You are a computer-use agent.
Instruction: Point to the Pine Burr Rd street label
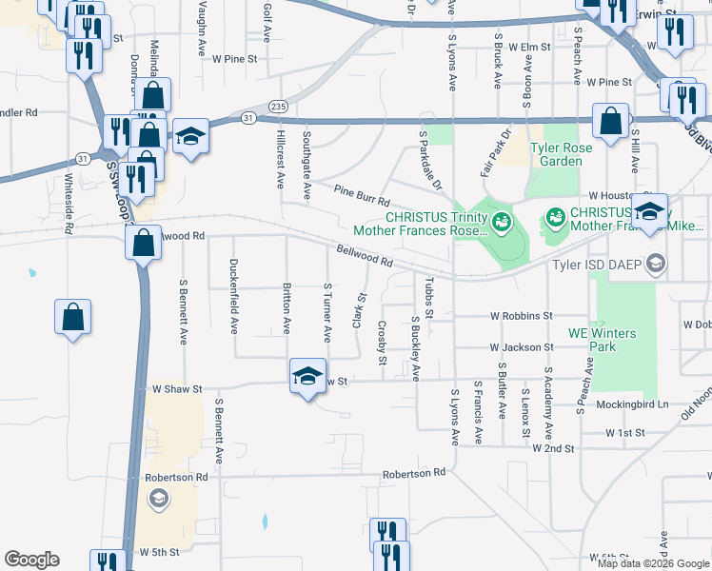pyautogui.click(x=362, y=196)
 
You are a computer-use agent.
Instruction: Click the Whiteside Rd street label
pyautogui.click(x=69, y=203)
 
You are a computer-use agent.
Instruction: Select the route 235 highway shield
pyautogui.click(x=277, y=106)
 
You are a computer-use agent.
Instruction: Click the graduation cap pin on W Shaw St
pyautogui.click(x=307, y=377)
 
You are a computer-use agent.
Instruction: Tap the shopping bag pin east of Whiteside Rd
pyautogui.click(x=73, y=320)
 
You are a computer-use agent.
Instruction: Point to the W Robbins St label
pyautogui.click(x=522, y=315)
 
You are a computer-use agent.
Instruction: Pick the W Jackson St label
pyautogui.click(x=522, y=348)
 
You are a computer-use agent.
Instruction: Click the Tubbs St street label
pyautogui.click(x=430, y=298)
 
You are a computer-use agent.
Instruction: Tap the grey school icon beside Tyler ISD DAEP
pyautogui.click(x=655, y=263)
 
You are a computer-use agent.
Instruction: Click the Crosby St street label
pyautogui.click(x=382, y=343)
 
